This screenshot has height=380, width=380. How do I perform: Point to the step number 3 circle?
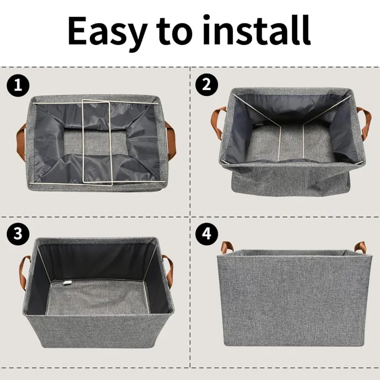click(x=17, y=234)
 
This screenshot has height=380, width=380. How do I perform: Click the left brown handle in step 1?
click(x=20, y=138)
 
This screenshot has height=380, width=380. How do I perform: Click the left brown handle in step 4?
click(x=227, y=246)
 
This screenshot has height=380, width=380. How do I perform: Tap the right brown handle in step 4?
click(x=360, y=246)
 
